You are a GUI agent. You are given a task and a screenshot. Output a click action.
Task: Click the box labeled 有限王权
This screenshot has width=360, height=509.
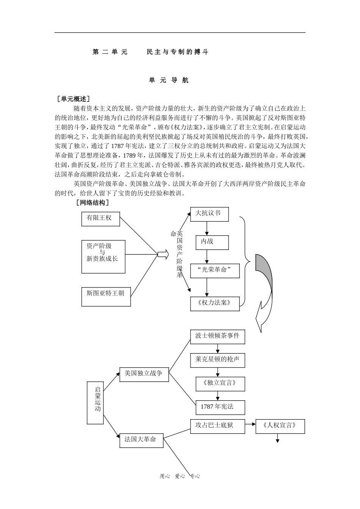(x=100, y=219)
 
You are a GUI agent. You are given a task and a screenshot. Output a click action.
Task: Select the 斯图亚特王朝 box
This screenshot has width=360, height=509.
(x=106, y=297)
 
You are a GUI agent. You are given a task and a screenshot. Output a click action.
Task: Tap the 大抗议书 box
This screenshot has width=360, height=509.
(x=210, y=214)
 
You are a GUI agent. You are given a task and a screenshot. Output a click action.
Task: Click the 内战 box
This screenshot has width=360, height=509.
(x=212, y=242)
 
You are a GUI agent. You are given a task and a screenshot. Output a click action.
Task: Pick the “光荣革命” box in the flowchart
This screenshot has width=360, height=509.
(x=214, y=271)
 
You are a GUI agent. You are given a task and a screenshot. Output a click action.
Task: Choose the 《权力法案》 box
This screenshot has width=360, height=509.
(x=214, y=303)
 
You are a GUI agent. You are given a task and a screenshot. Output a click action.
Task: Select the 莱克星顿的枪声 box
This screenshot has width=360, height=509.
(x=217, y=360)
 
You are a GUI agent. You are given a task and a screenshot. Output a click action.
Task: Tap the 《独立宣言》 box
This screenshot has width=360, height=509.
(x=220, y=384)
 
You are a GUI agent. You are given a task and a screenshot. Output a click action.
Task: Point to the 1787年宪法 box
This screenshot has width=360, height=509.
(x=220, y=407)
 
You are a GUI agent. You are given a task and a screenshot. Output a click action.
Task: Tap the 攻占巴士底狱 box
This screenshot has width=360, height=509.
(x=217, y=426)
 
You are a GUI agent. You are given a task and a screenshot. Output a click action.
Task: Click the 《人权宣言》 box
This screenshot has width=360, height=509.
(x=280, y=426)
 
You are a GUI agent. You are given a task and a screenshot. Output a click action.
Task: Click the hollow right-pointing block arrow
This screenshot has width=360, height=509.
(x=163, y=255)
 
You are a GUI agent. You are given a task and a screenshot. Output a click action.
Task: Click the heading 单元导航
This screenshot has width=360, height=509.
(x=169, y=80)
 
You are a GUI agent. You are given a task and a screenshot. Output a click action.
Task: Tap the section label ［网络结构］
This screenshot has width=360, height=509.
(x=93, y=203)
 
